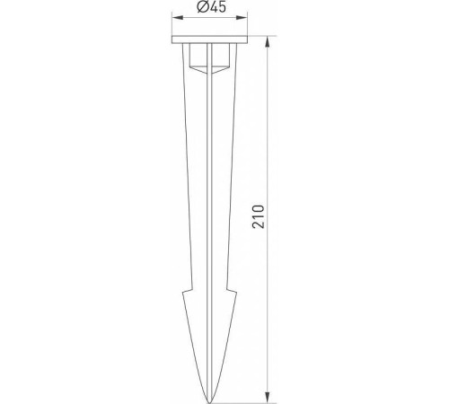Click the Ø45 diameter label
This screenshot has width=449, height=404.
(x=207, y=7)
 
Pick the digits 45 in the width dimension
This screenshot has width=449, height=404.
(x=214, y=7)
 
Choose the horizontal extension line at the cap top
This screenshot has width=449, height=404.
(x=260, y=37)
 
